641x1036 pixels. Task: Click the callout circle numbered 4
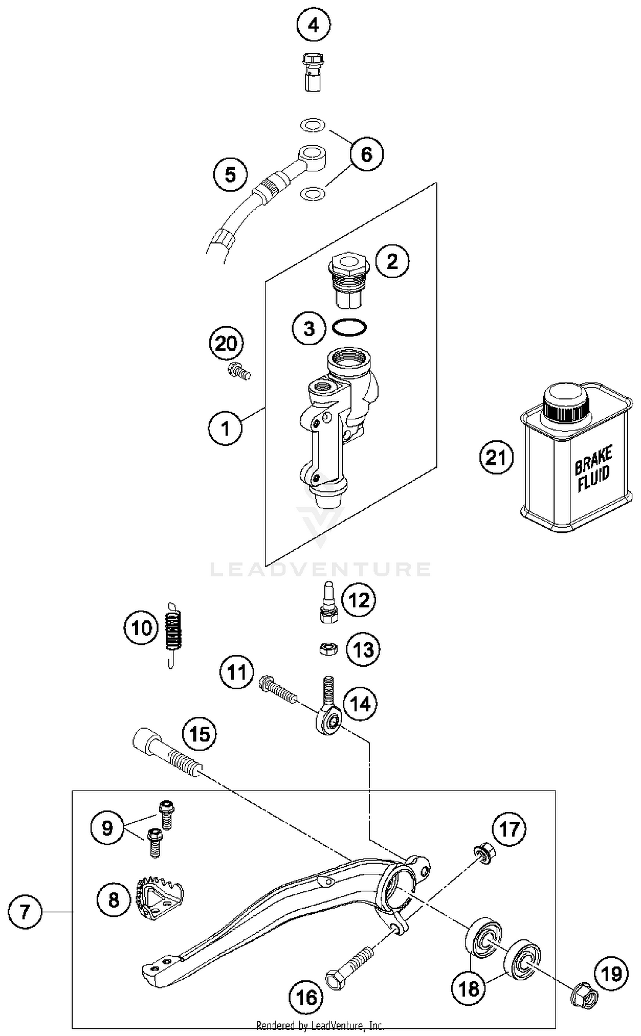313,26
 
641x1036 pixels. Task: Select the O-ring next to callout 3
349,328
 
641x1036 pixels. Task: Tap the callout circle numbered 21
496,457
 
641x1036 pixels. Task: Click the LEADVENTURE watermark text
320,569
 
